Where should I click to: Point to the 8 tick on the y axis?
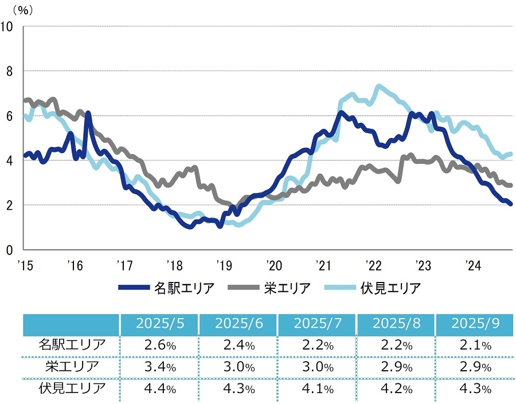point(9,71)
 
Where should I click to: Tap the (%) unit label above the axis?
point(22,10)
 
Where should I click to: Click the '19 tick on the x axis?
point(223,265)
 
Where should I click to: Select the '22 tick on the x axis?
point(373,265)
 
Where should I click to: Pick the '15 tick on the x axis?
point(24,265)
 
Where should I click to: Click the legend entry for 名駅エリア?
point(167,288)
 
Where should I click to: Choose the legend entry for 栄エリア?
point(270,288)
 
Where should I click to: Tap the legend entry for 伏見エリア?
point(373,288)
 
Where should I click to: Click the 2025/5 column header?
point(159,324)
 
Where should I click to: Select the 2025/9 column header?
point(475,324)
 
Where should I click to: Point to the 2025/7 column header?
point(317,324)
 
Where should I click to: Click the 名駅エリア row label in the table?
point(72,345)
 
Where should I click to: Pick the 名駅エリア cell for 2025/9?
point(475,346)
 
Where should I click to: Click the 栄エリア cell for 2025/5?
point(159,367)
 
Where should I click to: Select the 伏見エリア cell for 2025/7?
point(317,389)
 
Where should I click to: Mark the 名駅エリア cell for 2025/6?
point(238,346)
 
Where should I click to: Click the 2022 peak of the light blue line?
point(378,87)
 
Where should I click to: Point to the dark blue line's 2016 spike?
point(88,113)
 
